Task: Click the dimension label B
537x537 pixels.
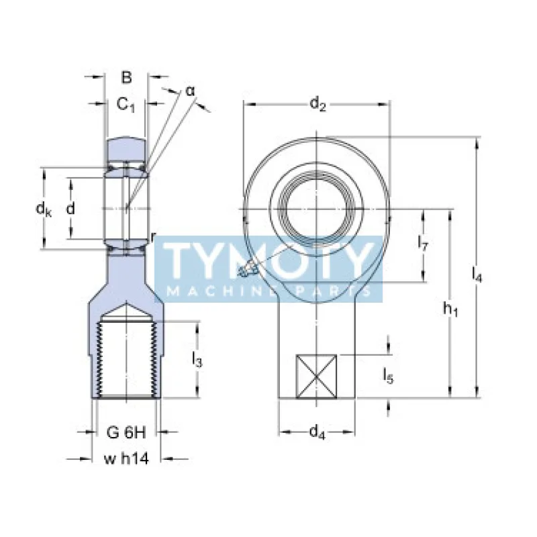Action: click(x=126, y=78)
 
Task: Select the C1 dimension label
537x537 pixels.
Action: click(x=126, y=104)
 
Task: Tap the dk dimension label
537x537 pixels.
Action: click(x=44, y=209)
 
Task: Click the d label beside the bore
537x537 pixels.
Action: click(x=70, y=209)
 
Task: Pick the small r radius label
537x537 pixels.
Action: click(x=154, y=236)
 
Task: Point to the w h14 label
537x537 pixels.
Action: click(x=126, y=459)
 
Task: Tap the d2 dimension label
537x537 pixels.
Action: click(x=318, y=104)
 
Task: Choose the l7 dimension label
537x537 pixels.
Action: click(x=423, y=243)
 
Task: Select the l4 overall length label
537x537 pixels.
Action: click(x=477, y=273)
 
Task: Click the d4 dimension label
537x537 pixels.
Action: click(x=317, y=434)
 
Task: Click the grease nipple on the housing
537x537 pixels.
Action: click(x=246, y=270)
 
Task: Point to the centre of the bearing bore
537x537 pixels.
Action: click(x=317, y=209)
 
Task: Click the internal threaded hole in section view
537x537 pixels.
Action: click(x=126, y=359)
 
